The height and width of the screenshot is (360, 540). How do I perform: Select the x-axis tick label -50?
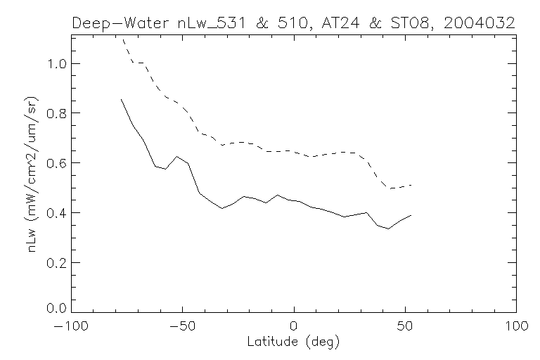181,327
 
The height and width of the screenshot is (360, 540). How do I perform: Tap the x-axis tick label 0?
294,327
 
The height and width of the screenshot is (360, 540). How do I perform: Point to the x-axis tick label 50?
405,327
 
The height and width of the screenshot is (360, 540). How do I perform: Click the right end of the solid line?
411,215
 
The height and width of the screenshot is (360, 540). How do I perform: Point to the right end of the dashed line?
411,185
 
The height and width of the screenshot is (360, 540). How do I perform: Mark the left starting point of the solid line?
121,99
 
